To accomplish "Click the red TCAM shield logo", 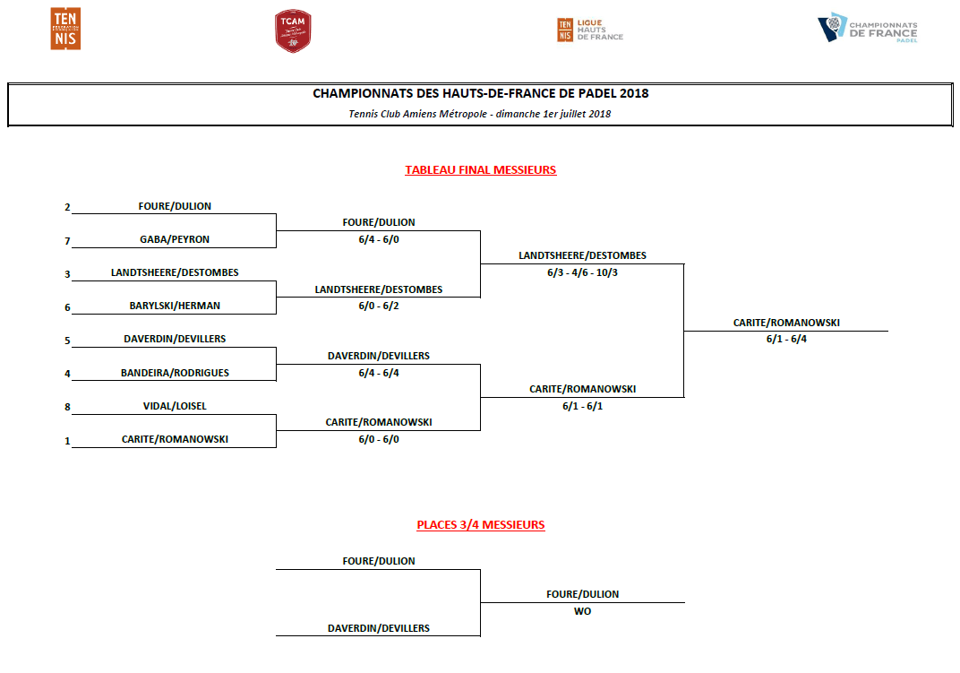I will click(293, 31).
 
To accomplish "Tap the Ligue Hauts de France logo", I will click(589, 30).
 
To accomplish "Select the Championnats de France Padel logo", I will click(868, 29).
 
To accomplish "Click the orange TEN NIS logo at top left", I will click(65, 29).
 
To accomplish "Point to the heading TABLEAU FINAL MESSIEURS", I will click(481, 170).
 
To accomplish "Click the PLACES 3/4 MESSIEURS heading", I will click(481, 525).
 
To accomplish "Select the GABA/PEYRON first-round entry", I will click(175, 240).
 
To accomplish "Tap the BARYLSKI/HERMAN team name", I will click(175, 306).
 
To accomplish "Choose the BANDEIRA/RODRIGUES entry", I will click(175, 373).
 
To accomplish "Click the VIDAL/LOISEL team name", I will click(175, 406).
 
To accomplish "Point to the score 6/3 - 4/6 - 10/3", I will click(582, 272).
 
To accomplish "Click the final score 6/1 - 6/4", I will click(786, 339).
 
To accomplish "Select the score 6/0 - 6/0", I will click(379, 439).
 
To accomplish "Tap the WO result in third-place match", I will click(582, 611).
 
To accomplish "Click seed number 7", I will click(67, 241).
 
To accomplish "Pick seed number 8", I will click(67, 407).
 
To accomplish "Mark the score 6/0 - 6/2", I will click(379, 306).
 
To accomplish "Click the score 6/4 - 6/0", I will click(379, 239).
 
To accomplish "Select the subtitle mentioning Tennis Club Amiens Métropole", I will click(480, 114).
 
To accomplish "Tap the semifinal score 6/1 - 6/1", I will click(582, 406).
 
